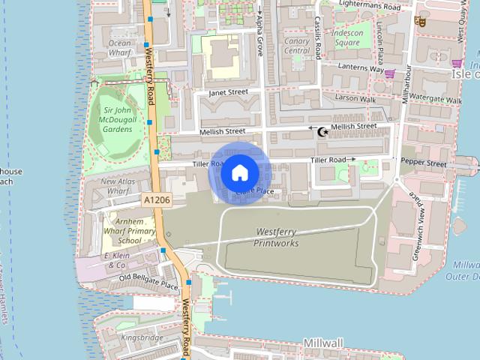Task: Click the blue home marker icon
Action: [239, 173]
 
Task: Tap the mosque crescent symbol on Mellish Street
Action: [323, 132]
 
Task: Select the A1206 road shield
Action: [157, 200]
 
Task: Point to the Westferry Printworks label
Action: [276, 238]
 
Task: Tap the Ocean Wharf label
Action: [120, 48]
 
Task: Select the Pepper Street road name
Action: [423, 163]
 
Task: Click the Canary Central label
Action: [297, 46]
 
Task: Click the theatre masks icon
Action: [421, 22]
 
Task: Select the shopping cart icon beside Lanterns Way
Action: [389, 73]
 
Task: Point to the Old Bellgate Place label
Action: [149, 281]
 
